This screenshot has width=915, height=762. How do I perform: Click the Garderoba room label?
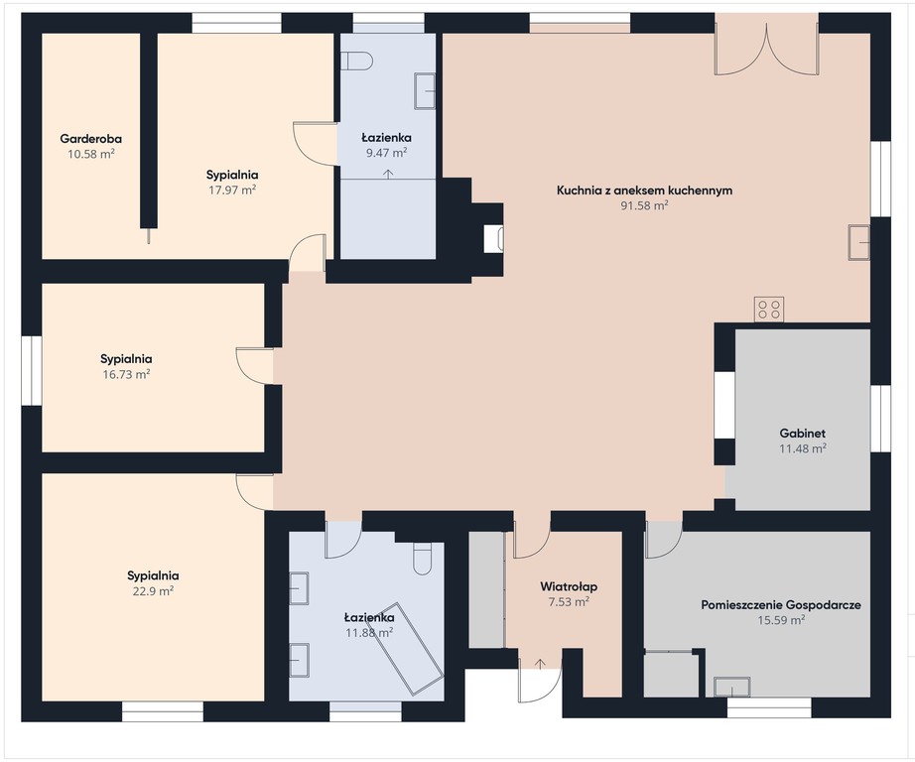pyautogui.click(x=90, y=139)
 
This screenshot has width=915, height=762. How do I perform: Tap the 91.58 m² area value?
pyautogui.click(x=644, y=205)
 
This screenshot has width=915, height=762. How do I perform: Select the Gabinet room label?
pyautogui.click(x=803, y=434)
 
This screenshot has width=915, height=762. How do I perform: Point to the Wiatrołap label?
pyautogui.click(x=569, y=587)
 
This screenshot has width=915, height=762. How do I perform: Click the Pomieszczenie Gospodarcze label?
pyautogui.click(x=781, y=605)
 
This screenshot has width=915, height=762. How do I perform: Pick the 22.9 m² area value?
pyautogui.click(x=153, y=591)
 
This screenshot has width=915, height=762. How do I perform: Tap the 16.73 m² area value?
pyautogui.click(x=126, y=375)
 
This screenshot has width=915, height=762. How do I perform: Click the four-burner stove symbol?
pyautogui.click(x=769, y=310)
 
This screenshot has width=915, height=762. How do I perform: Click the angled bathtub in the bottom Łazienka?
pyautogui.click(x=407, y=649)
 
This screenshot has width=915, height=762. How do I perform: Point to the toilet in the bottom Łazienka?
pyautogui.click(x=422, y=559)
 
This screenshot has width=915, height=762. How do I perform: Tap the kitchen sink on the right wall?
pyautogui.click(x=859, y=241)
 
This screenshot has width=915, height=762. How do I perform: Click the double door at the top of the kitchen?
pyautogui.click(x=767, y=45)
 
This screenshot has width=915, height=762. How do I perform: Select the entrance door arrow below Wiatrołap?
pyautogui.click(x=540, y=664)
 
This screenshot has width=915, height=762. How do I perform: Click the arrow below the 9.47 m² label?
pyautogui.click(x=387, y=174)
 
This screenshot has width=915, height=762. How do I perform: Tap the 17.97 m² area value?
pyautogui.click(x=233, y=190)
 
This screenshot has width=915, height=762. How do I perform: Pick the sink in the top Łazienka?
pyautogui.click(x=425, y=91)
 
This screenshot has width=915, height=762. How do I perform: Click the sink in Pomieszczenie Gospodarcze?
pyautogui.click(x=732, y=687)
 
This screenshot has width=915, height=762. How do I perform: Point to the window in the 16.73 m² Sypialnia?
pyautogui.click(x=32, y=370)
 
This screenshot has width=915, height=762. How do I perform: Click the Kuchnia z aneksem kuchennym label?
pyautogui.click(x=644, y=190)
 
